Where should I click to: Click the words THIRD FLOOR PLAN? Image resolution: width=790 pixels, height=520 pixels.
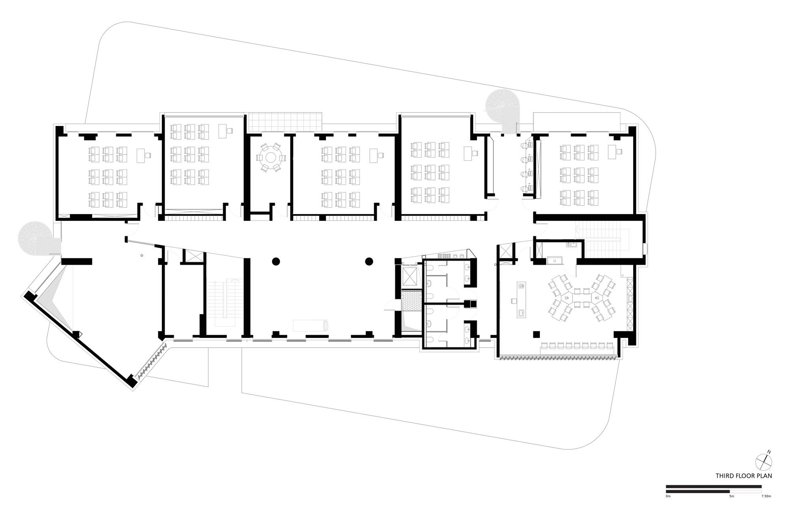pyautogui.click(x=743, y=476)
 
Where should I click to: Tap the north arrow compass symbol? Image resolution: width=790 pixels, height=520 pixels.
pyautogui.click(x=763, y=462)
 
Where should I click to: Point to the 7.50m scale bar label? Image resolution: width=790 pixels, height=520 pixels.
pyautogui.click(x=766, y=496)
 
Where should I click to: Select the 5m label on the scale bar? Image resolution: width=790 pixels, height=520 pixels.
pyautogui.click(x=732, y=496)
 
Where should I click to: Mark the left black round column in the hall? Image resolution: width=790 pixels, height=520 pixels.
pyautogui.click(x=276, y=261)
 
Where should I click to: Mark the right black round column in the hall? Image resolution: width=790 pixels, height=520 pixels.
pyautogui.click(x=369, y=261)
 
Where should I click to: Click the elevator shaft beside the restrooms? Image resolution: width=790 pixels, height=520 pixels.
pyautogui.click(x=409, y=276)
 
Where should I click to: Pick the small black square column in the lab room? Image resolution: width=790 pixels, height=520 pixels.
pyautogui.click(x=536, y=334)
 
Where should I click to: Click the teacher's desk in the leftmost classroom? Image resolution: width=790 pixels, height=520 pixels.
pyautogui.click(x=141, y=155)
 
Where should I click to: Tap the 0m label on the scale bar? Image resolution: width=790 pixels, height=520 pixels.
pyautogui.click(x=668, y=496)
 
